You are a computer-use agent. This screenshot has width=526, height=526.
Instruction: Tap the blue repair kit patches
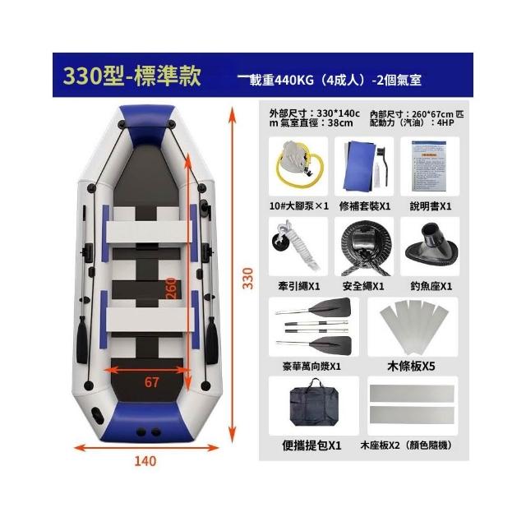359,166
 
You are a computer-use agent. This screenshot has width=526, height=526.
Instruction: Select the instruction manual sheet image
429,166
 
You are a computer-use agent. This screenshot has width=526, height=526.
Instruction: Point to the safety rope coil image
366,248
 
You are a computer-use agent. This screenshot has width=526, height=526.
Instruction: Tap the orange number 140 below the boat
145,461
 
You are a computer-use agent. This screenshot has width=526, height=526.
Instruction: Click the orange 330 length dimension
248,278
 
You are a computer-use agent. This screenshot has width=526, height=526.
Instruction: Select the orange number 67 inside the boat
151,382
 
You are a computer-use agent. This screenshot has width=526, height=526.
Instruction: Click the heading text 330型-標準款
131,76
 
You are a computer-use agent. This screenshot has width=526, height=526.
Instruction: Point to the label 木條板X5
411,366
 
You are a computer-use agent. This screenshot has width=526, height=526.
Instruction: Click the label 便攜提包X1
311,445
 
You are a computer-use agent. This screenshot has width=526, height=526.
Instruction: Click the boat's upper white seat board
149,232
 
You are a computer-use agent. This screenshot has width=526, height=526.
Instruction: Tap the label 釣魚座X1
431,286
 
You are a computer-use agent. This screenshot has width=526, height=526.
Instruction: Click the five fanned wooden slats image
413,326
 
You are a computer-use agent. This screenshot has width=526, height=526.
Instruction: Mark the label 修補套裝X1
365,206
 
